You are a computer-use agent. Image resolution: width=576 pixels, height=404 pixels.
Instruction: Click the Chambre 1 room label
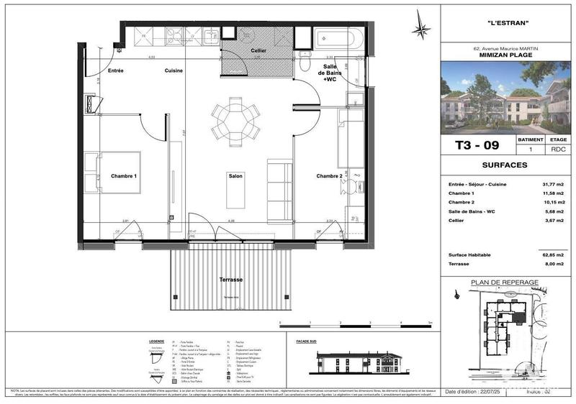click(124, 176)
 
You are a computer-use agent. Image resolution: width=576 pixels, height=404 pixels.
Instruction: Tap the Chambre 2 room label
click(329, 176)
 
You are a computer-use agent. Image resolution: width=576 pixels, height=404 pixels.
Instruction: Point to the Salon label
click(235, 176)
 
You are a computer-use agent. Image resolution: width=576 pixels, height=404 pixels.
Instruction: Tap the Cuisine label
click(173, 70)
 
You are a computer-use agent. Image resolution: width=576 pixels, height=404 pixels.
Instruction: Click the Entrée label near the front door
click(116, 70)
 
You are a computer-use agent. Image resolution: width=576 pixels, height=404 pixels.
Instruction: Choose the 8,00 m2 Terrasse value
click(555, 264)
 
